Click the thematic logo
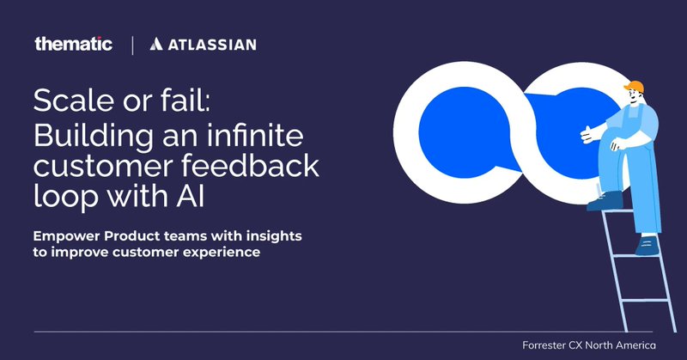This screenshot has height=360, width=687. coord(73,44)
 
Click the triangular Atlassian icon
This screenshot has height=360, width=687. coord(158,44)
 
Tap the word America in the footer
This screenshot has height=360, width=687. coord(646,345)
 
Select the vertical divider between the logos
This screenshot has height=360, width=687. coord(131,44)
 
